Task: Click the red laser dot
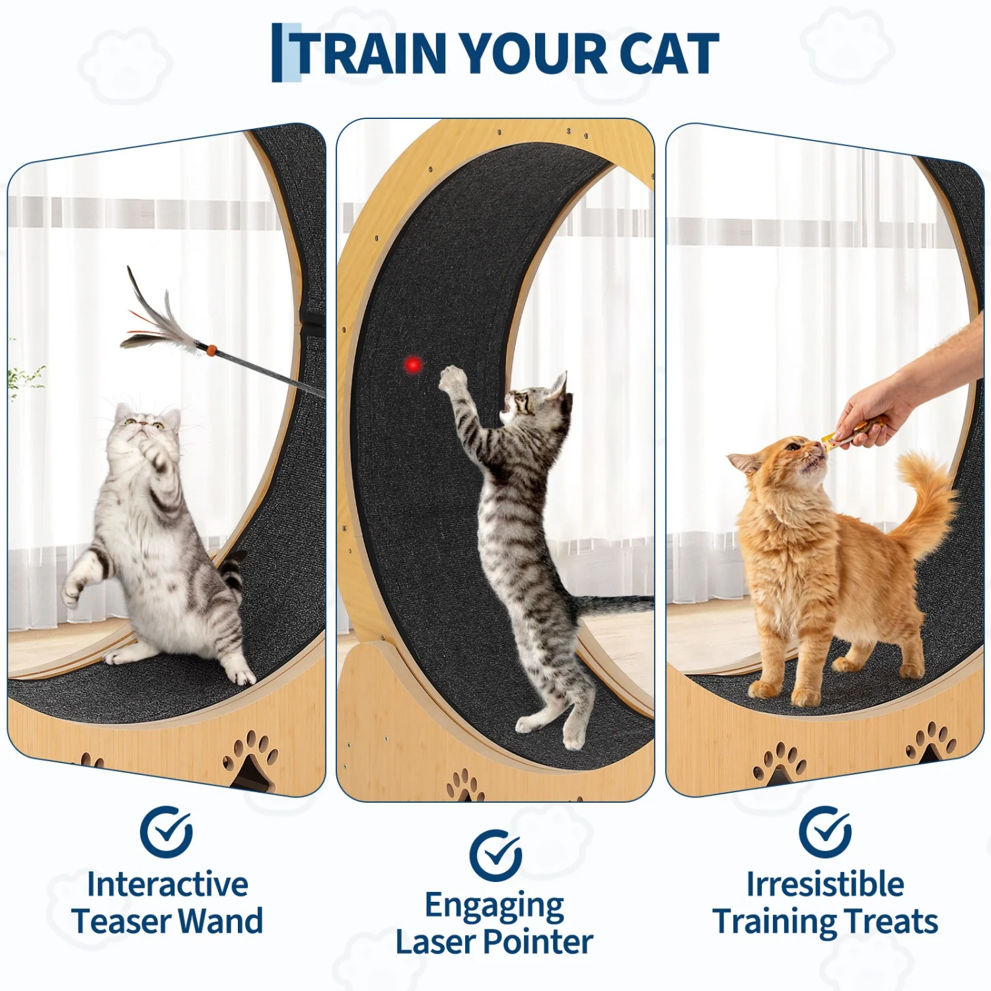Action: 413,365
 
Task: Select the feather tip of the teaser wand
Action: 129,270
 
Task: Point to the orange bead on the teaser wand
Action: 211,349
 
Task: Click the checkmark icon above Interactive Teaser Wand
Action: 166,832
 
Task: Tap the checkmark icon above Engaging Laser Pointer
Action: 495,856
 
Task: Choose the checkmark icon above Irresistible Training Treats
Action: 825,832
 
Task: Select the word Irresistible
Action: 825,884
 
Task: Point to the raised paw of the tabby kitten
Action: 453,379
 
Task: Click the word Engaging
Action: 494,906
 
